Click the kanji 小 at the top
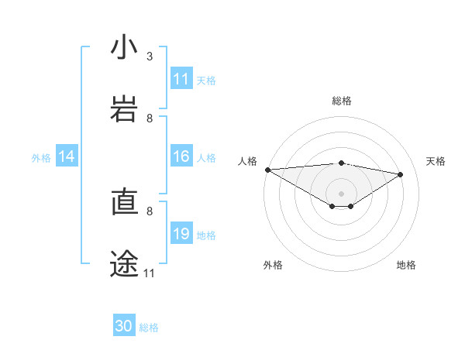[125, 48]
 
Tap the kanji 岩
[125, 110]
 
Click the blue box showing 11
[181, 79]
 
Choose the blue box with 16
[181, 157]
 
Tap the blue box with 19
[181, 234]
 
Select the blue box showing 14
[67, 157]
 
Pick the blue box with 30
[124, 326]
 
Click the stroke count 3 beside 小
[150, 57]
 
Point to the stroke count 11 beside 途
[150, 273]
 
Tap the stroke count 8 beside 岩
[150, 118]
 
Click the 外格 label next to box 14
[41, 158]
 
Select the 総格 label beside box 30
[149, 328]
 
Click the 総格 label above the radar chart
[342, 101]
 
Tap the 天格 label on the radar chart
[436, 161]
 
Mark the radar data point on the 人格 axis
[267, 170]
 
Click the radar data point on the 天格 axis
[401, 174]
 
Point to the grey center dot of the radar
[342, 193]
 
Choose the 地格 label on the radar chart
[406, 265]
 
